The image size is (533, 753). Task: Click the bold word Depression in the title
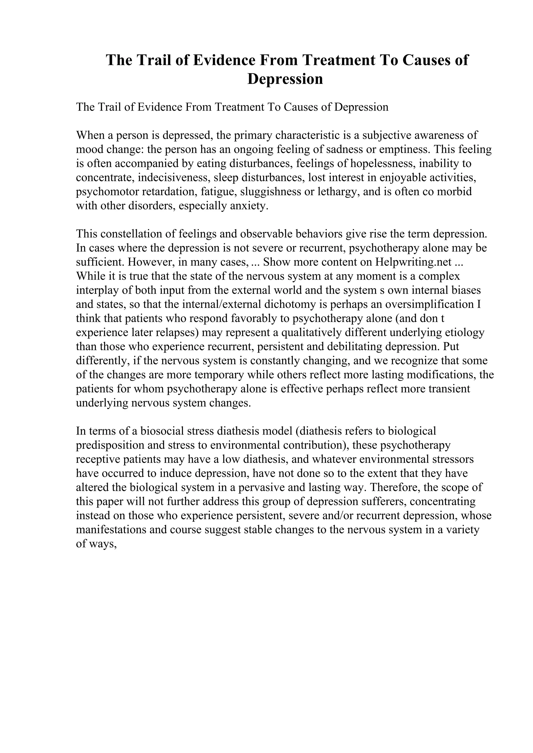tap(285, 79)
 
